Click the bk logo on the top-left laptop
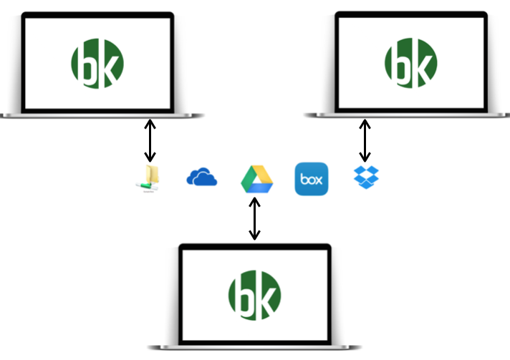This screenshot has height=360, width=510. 97,64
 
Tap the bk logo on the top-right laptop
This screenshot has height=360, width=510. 410,64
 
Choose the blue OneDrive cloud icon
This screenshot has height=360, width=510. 201,177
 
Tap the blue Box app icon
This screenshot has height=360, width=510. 312,179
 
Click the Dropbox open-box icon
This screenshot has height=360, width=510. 366,176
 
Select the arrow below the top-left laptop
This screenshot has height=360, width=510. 149,140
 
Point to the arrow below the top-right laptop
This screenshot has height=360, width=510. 365,140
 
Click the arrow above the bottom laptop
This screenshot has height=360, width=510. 254,218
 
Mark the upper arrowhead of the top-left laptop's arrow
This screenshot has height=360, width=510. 149,123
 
